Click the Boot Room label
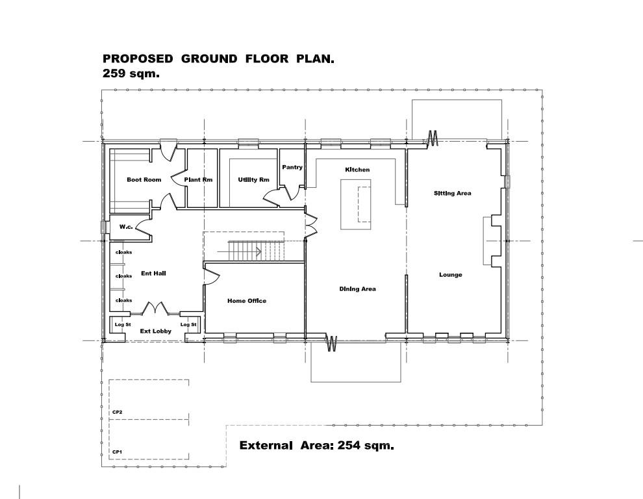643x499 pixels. (x=144, y=180)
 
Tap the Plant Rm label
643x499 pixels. (x=198, y=180)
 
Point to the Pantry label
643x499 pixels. (x=292, y=168)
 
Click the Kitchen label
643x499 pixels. (x=357, y=170)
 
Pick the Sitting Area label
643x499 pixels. (x=452, y=193)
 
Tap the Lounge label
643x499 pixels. (x=450, y=275)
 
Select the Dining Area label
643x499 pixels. (x=357, y=289)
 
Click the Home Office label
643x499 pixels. (x=247, y=301)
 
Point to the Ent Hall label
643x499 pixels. (x=154, y=274)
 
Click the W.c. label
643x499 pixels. (x=126, y=227)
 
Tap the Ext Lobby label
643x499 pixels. (x=155, y=331)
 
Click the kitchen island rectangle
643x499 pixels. (x=356, y=205)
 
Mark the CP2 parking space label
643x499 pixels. (x=117, y=412)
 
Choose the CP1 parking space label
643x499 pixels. (x=117, y=452)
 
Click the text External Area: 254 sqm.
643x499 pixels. (x=316, y=446)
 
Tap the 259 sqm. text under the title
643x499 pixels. (x=131, y=74)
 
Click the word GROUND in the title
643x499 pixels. (x=209, y=59)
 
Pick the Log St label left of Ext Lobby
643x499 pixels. (x=120, y=324)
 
